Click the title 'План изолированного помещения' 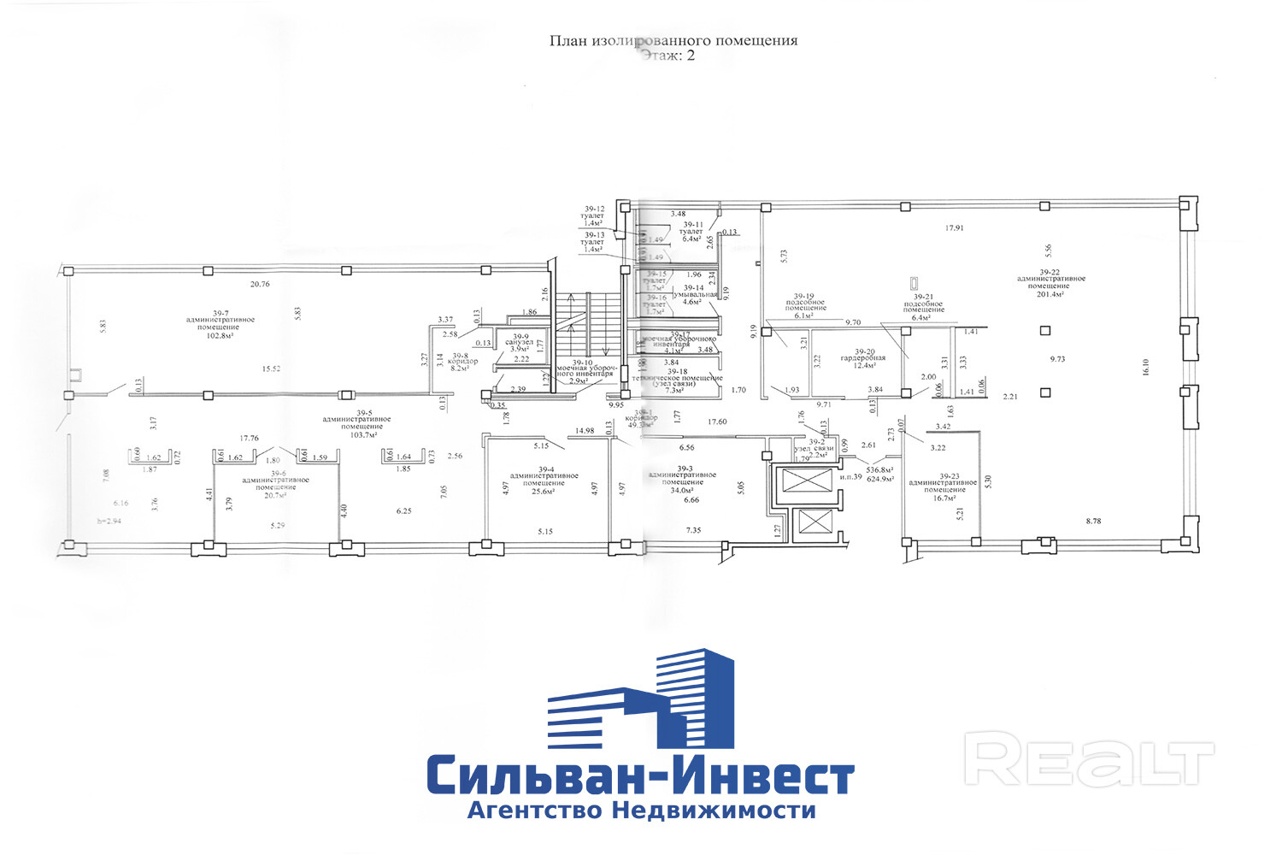(x=673, y=40)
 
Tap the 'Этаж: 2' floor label (x=667, y=56)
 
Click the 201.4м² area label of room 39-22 (x=1050, y=294)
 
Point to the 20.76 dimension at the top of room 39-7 (x=260, y=284)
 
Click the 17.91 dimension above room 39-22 (x=954, y=228)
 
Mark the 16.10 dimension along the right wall (x=1145, y=366)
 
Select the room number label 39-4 (x=544, y=468)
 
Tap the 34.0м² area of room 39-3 (x=682, y=490)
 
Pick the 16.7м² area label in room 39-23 (x=943, y=498)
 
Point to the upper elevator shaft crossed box (x=806, y=481)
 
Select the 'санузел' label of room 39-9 (x=519, y=342)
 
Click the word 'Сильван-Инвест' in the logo (x=640, y=775)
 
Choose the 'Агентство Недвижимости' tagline (x=641, y=811)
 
